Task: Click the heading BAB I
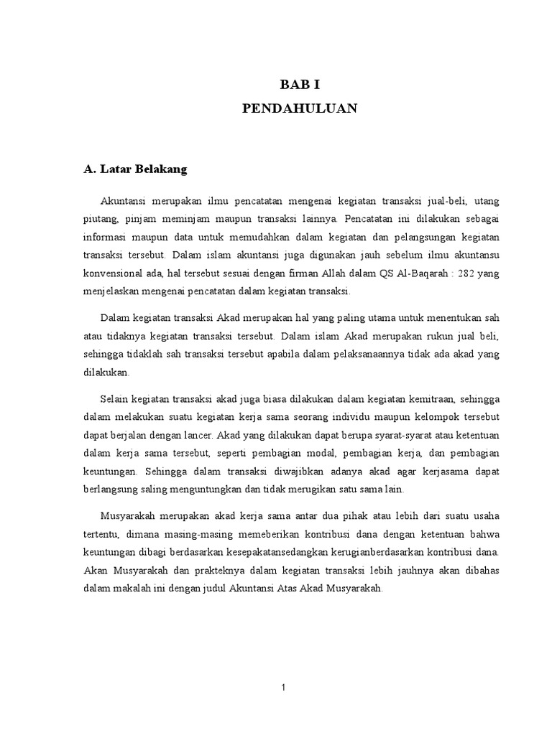(299, 85)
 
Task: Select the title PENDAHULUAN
(299, 109)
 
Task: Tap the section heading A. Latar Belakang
(135, 169)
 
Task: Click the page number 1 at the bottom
(284, 687)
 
